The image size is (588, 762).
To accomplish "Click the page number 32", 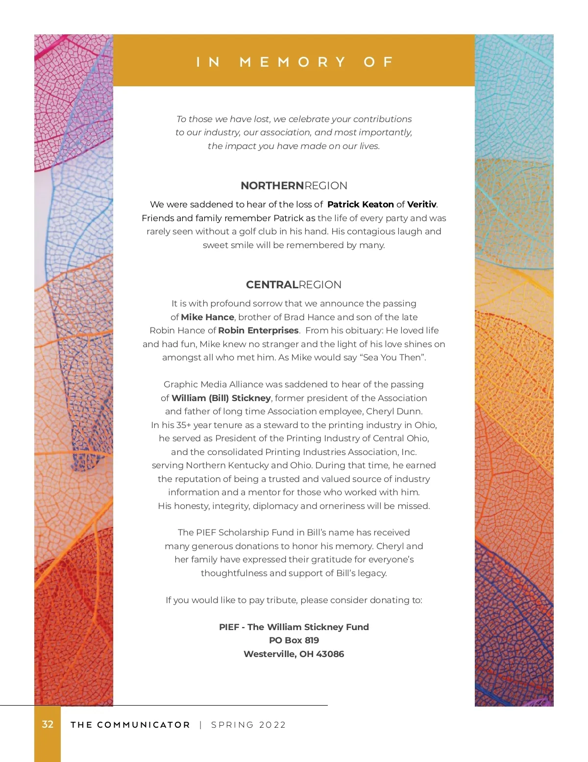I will tap(48, 724).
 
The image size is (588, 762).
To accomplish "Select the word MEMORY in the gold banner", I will tap(293, 62).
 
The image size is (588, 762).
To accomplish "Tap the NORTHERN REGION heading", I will tap(294, 186).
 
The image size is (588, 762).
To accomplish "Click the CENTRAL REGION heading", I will tap(294, 285).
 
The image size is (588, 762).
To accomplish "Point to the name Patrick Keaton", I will tap(361, 204).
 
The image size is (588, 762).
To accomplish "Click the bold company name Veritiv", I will tap(421, 204).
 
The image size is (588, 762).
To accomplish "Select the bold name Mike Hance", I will tap(207, 317).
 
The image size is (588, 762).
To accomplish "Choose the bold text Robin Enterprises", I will tap(258, 330).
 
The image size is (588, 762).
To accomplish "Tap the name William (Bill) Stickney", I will tap(221, 398).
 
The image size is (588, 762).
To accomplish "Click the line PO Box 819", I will tap(294, 640).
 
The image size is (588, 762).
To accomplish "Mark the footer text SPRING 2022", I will tap(248, 725).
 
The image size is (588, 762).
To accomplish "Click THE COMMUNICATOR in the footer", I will tap(130, 725).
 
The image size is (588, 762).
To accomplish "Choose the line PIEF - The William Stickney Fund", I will tap(294, 627).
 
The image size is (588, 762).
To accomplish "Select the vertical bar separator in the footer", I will tap(201, 725).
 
